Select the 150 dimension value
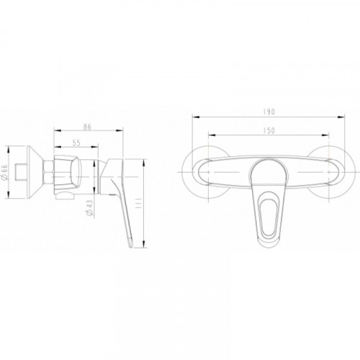pos(269,130)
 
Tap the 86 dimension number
pos(88,127)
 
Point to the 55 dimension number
pos(76,143)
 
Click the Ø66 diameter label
pos(5,172)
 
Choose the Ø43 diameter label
pos(89,207)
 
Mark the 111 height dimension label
pos(138,203)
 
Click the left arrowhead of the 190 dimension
pos(196,117)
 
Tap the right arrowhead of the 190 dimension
pos(341,117)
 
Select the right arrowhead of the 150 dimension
pos(325,135)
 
